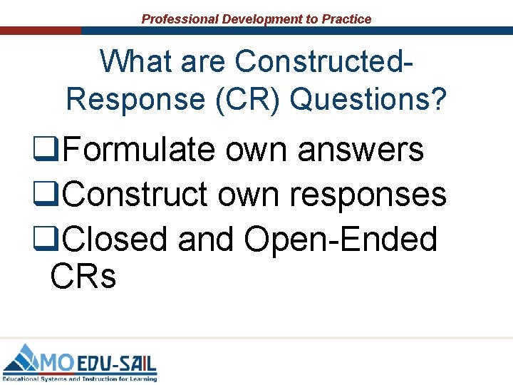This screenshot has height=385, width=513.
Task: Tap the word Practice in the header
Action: click(x=346, y=19)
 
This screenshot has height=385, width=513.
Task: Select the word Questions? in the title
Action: click(x=369, y=100)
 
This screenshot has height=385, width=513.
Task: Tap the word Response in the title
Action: click(x=133, y=100)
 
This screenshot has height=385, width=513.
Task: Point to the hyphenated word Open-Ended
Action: click(x=341, y=239)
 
